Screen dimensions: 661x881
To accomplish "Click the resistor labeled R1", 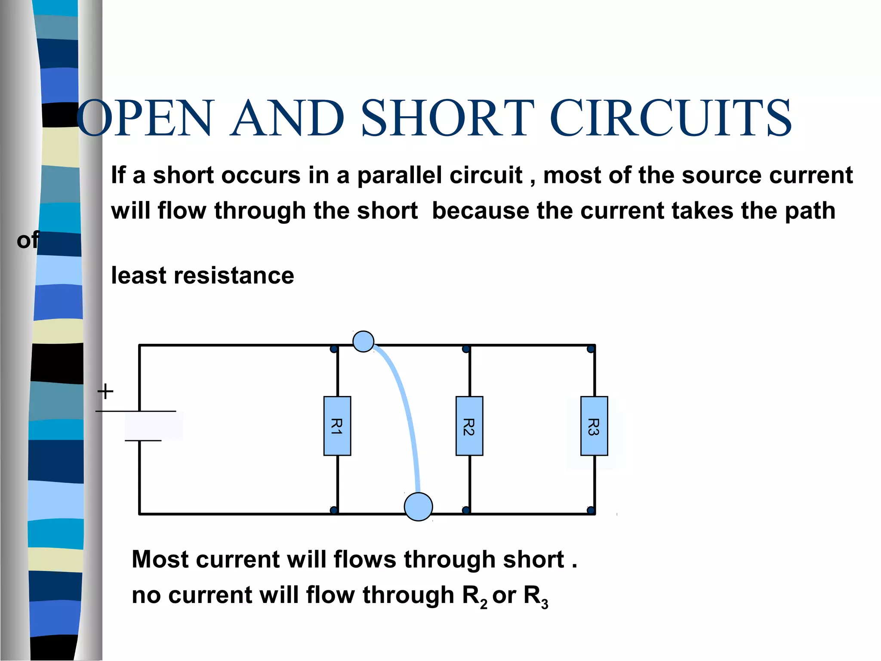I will tap(337, 426).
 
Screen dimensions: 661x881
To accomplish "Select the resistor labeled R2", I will tap(469, 426).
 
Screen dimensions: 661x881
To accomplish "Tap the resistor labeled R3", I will tap(594, 426).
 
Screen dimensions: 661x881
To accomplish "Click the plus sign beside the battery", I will tap(105, 392).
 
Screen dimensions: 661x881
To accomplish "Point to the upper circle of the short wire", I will tap(363, 342).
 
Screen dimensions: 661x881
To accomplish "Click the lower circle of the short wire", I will tap(418, 507).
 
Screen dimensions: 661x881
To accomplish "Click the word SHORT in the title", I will tap(447, 118).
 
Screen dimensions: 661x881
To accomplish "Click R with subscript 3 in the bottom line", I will tap(535, 596).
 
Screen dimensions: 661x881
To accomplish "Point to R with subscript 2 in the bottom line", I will tap(474, 596).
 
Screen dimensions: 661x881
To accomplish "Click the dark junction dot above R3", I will tap(591, 349).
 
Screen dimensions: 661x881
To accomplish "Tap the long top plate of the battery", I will tap(136, 411).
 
